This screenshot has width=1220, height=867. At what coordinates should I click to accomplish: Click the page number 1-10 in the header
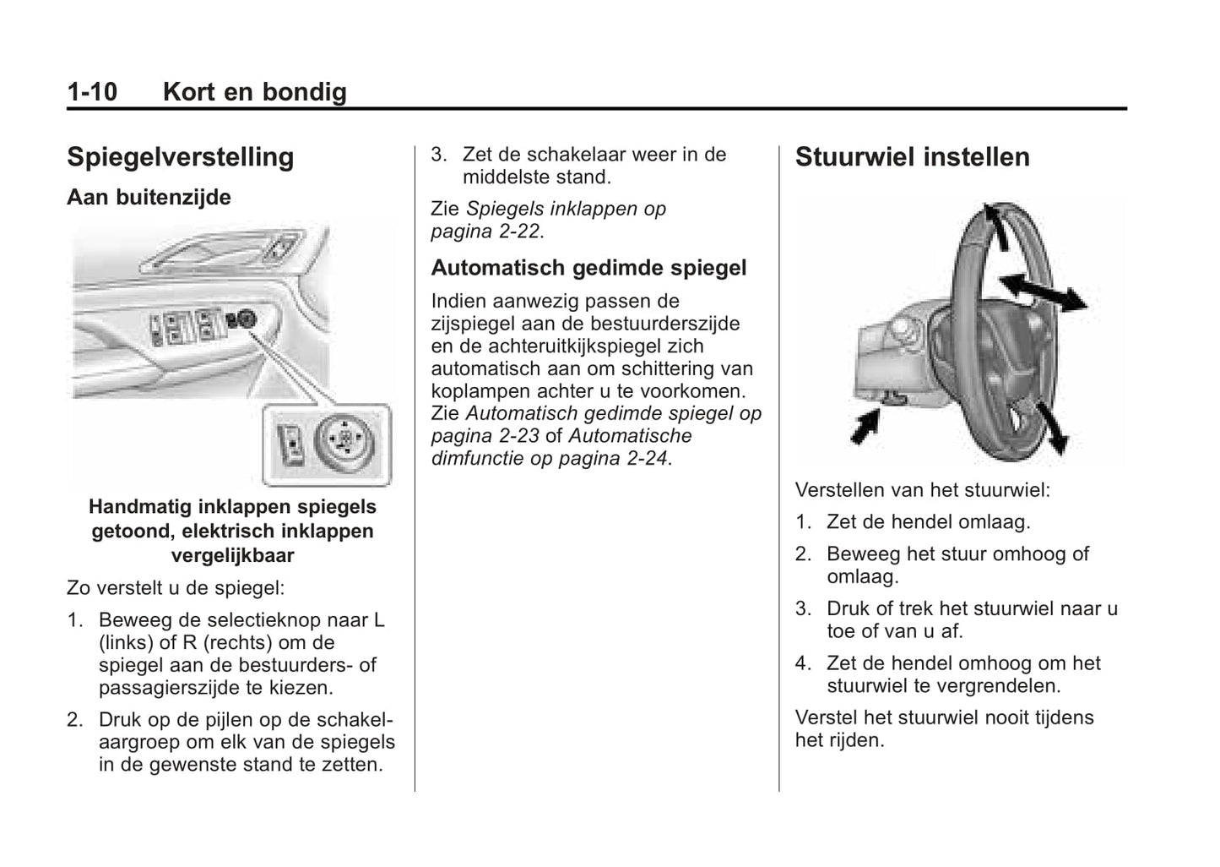tap(92, 91)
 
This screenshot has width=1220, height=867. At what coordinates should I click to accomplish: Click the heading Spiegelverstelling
tap(180, 157)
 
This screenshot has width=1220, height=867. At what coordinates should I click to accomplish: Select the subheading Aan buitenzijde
tap(149, 197)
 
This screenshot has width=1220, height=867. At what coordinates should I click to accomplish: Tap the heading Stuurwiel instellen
tap(912, 157)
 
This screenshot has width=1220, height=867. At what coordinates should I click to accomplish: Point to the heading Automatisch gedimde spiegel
tap(588, 268)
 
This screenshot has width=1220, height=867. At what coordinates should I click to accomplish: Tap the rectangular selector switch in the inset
tap(291, 444)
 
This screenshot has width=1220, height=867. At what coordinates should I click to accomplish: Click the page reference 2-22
tap(516, 232)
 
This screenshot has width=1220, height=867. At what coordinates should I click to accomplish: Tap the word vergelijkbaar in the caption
tap(232, 556)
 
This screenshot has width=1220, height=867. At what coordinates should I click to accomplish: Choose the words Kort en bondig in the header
tap(254, 91)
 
